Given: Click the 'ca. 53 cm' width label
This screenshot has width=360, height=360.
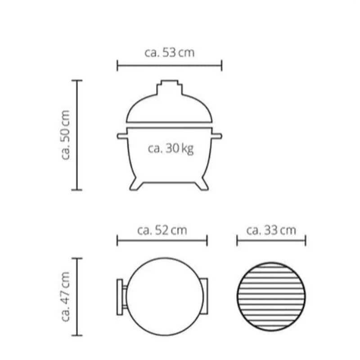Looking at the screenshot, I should click(x=170, y=53).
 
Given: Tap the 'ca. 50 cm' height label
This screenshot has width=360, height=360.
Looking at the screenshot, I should click(x=66, y=135).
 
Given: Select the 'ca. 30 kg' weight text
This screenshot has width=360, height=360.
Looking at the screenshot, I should click(x=171, y=149).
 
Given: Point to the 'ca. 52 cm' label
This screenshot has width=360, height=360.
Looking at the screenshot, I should click(x=162, y=230).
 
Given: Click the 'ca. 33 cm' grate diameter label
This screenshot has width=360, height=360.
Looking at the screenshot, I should click(x=271, y=230).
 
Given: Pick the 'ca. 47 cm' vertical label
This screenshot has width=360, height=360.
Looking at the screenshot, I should click(x=66, y=297).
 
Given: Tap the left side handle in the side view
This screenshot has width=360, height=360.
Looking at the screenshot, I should click(x=121, y=136).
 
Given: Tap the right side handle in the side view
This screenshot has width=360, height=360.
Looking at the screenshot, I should click(x=217, y=136).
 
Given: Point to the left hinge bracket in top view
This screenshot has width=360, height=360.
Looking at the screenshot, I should click(x=121, y=297).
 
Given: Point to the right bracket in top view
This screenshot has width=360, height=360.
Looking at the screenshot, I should click(x=205, y=297).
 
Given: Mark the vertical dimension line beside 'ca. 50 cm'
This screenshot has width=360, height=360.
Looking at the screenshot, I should click(x=77, y=135).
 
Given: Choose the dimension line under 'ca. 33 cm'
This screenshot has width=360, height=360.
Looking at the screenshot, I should click(x=271, y=241).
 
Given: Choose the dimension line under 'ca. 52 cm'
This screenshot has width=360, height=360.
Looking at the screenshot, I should click(x=162, y=241).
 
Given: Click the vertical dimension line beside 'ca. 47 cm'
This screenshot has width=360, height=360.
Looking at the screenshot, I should click(x=77, y=297).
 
